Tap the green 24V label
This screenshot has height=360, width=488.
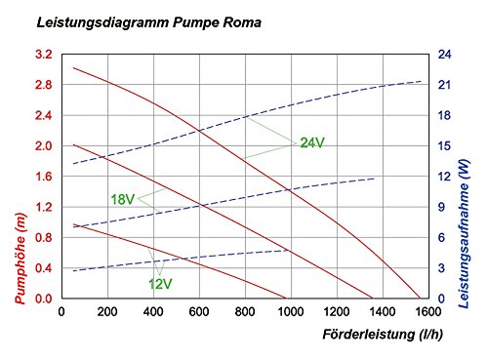(312, 143)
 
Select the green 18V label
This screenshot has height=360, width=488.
(122, 199)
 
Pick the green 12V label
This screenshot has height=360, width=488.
(160, 284)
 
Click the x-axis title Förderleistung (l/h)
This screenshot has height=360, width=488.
(380, 334)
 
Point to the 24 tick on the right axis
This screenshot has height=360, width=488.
(443, 55)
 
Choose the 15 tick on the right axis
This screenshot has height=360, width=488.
(443, 146)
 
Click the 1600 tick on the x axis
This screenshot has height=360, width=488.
(426, 313)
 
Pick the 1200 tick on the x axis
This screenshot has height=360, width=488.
(335, 313)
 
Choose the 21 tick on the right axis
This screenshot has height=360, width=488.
(443, 86)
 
